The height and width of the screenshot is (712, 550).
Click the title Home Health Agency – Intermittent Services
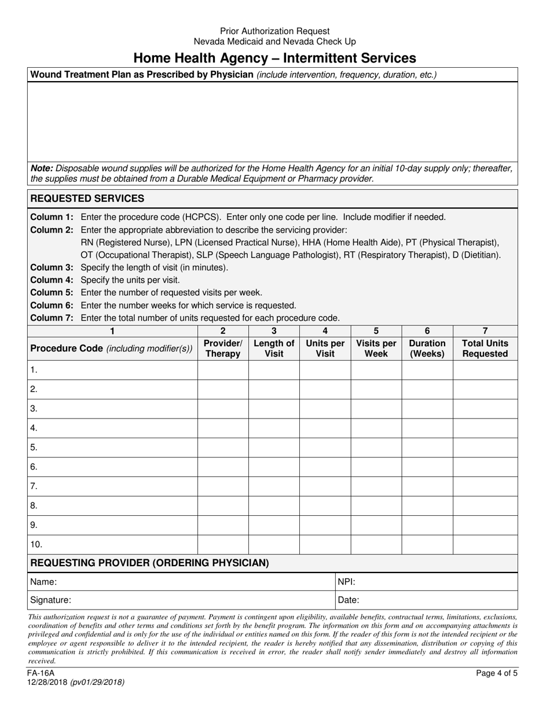(x=274, y=58)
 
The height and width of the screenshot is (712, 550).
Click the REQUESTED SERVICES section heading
(x=87, y=199)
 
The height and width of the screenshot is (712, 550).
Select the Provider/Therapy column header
(x=223, y=348)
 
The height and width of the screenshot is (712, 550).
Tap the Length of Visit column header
(x=274, y=348)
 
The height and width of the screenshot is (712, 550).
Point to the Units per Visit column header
(x=325, y=348)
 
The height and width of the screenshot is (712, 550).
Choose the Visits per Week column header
(x=376, y=348)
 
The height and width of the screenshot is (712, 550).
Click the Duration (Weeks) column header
(x=427, y=348)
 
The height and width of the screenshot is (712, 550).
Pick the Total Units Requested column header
(x=485, y=348)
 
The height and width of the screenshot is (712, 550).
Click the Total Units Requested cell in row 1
(x=485, y=370)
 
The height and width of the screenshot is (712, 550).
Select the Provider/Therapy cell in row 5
(x=223, y=447)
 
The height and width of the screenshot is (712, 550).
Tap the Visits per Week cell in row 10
(x=376, y=545)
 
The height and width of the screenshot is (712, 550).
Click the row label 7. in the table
(x=34, y=486)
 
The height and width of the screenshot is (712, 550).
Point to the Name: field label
(x=44, y=582)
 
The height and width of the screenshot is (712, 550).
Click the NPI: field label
(x=346, y=582)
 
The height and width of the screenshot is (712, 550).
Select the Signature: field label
(x=51, y=600)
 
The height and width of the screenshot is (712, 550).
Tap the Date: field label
(x=349, y=600)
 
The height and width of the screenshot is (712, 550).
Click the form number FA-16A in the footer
(x=41, y=673)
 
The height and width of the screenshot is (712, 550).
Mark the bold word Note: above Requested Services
(x=42, y=168)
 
